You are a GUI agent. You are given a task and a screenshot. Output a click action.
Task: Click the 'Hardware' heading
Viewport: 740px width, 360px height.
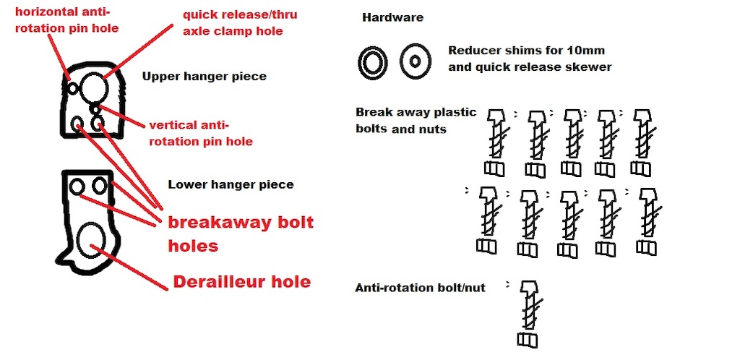point(392,18)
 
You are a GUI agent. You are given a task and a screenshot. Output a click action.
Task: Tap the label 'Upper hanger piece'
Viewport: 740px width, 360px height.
point(205,77)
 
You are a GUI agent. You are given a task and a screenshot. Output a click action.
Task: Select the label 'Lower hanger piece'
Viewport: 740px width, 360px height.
point(231,184)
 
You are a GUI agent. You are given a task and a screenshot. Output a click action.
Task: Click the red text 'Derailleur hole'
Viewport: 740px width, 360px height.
point(242,282)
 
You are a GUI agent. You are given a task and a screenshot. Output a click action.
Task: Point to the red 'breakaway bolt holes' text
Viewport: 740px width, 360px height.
point(241,233)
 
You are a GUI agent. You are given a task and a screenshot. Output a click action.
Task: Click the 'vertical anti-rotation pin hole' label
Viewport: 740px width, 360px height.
point(201,134)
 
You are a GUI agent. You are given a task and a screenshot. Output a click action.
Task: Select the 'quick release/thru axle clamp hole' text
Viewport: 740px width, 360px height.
point(240,22)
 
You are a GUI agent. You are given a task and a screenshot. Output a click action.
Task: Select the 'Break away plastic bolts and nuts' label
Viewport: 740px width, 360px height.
point(416,120)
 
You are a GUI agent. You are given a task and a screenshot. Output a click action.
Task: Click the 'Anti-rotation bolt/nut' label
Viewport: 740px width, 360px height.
point(420,287)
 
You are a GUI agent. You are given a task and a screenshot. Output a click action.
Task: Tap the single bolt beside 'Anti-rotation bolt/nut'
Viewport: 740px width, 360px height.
point(530,314)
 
